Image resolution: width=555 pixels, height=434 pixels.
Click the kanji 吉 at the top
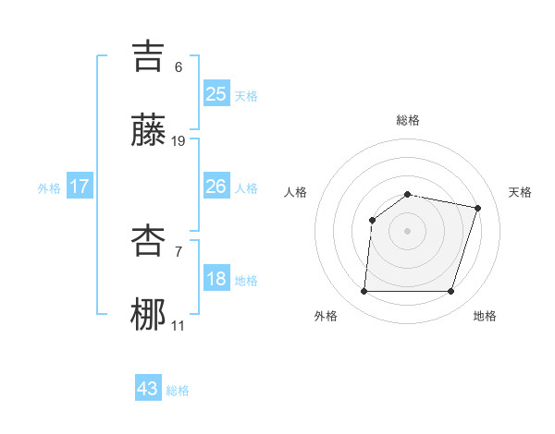149,56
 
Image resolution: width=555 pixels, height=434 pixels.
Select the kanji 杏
149,242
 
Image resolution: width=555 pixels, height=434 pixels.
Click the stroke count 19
179,141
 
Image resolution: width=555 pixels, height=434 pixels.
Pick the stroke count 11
179,326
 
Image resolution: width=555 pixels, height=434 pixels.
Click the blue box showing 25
216,94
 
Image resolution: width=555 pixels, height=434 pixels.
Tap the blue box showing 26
216,187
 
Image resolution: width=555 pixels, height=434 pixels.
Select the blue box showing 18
216,280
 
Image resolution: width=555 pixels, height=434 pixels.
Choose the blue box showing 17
80,187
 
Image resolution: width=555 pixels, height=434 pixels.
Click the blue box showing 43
148,389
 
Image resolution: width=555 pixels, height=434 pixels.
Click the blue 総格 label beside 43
179,391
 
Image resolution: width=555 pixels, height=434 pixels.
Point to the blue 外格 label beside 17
49,188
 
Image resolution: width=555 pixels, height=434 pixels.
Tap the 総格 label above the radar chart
408,120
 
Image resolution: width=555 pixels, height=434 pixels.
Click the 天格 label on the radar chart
521,192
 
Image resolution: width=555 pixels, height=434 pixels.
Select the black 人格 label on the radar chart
295,192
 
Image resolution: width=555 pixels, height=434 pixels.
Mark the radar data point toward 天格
478,208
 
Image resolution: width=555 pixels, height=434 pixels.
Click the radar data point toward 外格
364,292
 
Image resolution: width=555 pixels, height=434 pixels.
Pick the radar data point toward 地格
451,292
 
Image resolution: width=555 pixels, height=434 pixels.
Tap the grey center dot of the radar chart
408,231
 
